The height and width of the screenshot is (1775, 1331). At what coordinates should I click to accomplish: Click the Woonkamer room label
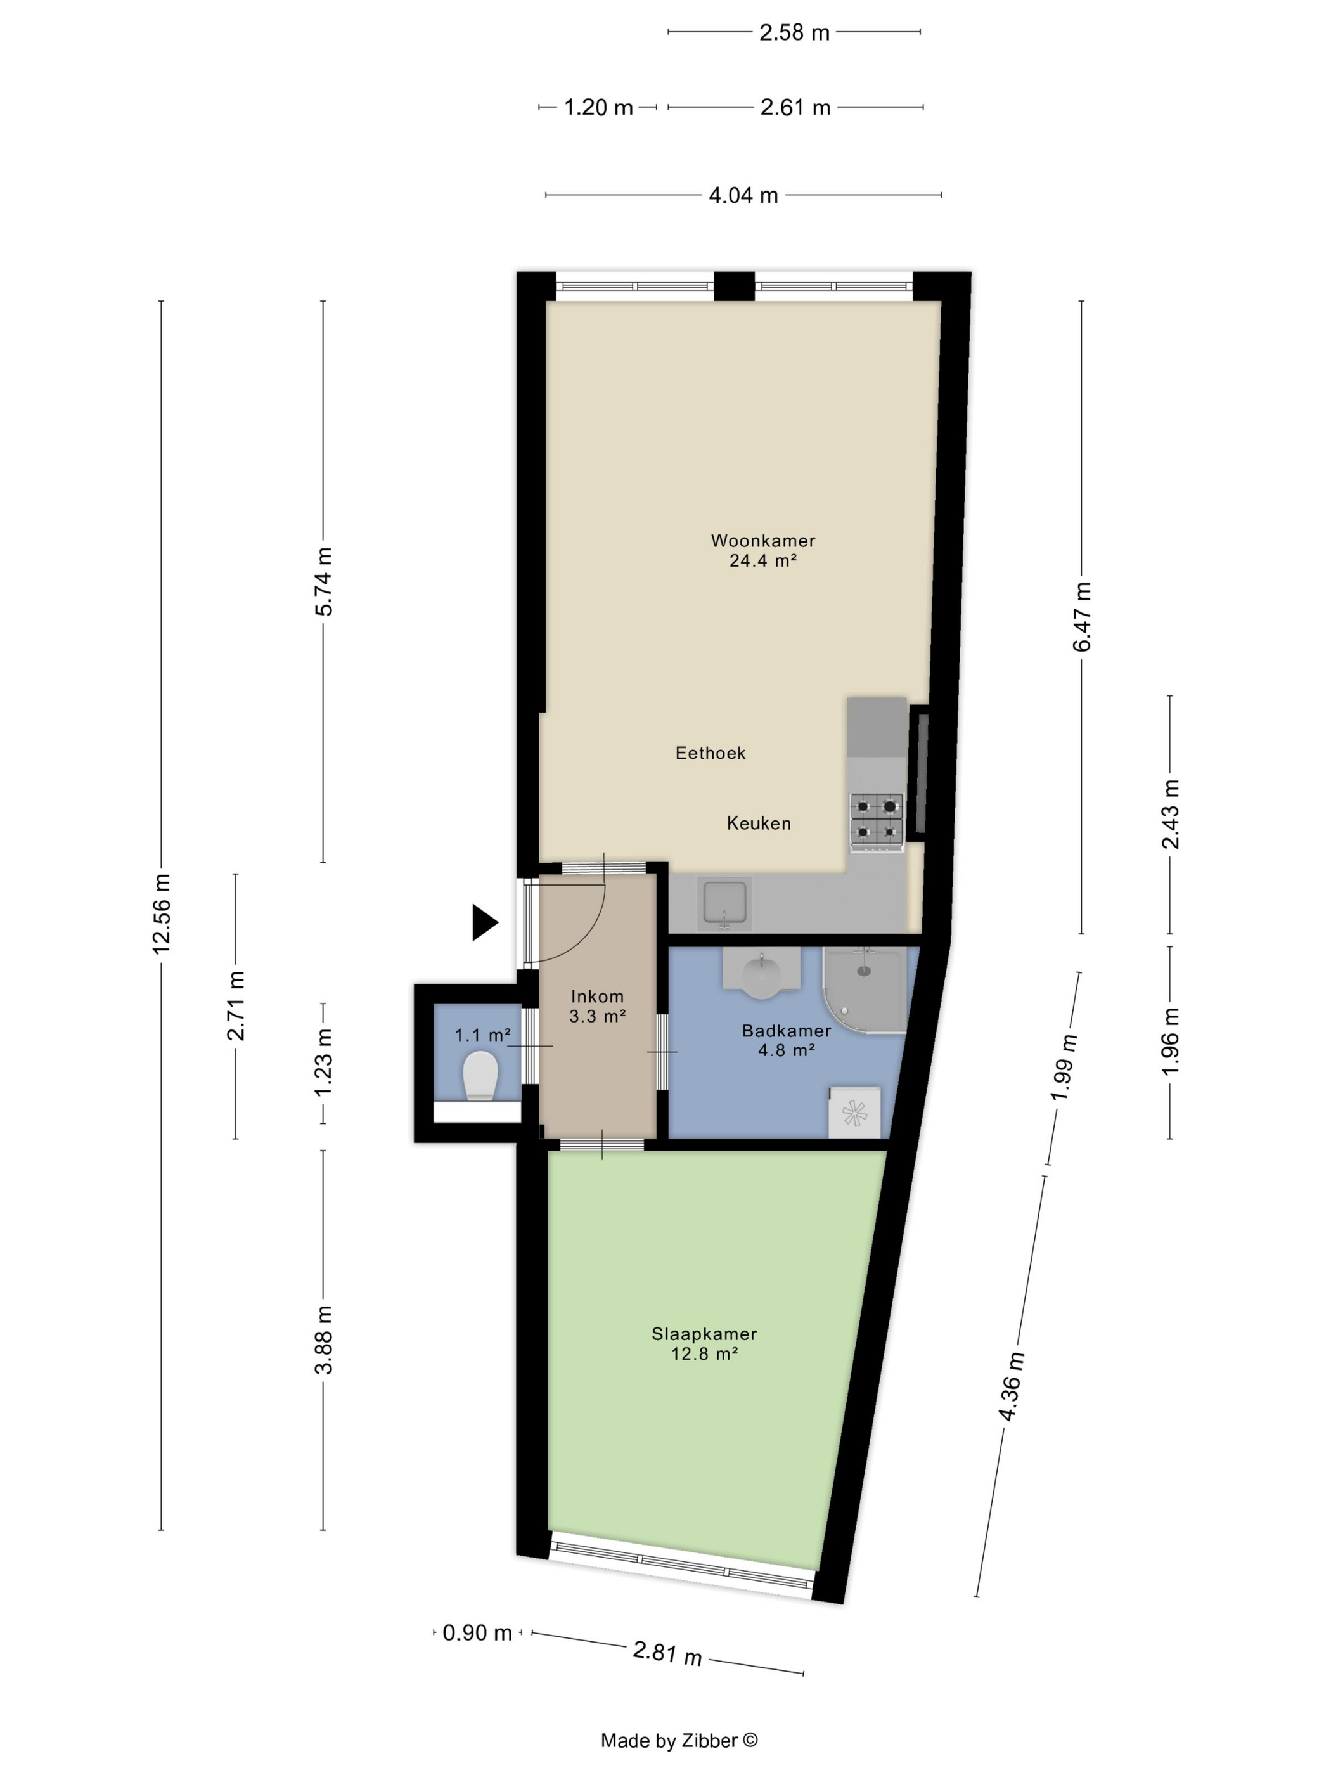[762, 541]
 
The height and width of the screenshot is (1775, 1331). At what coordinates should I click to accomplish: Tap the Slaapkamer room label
[704, 1334]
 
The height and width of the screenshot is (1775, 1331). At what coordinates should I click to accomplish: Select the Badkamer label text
[785, 1030]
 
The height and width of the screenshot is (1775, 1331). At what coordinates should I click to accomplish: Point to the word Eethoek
[710, 752]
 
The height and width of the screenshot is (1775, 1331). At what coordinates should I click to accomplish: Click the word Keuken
[758, 822]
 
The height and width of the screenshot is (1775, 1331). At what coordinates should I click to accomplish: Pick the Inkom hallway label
[597, 996]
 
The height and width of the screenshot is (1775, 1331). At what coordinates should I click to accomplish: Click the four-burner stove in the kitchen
[876, 819]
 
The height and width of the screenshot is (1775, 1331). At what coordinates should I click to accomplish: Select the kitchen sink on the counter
[724, 903]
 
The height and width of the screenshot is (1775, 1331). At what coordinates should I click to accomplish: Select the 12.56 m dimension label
[161, 914]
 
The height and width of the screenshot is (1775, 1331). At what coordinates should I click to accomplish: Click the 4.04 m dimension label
[743, 195]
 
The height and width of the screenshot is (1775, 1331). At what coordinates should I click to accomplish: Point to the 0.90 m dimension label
[477, 1632]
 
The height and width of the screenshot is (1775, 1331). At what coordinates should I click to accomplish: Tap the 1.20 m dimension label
[598, 106]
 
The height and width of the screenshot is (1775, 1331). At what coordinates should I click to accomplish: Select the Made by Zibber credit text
[679, 1739]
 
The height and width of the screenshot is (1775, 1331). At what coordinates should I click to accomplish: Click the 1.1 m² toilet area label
[482, 1035]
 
